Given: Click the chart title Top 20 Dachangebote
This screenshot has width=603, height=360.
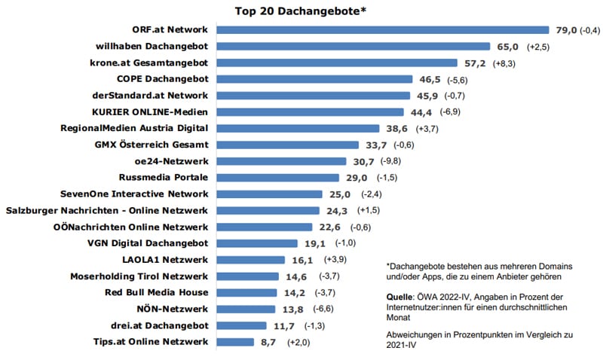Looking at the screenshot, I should [x=301, y=11].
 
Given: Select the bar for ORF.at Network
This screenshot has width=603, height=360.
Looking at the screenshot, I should [x=383, y=29].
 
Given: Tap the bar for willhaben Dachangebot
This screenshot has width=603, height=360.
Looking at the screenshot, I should [x=354, y=46].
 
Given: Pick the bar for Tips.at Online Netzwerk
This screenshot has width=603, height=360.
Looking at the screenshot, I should [x=235, y=342].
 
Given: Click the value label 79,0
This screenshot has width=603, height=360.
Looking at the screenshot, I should [x=565, y=29].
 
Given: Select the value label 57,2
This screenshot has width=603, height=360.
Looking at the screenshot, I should [x=473, y=63].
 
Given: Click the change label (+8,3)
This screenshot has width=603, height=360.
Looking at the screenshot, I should [x=506, y=63].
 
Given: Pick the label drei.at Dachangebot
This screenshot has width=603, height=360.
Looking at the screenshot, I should [x=159, y=325].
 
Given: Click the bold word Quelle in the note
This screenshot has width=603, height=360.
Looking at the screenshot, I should [x=400, y=297].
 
